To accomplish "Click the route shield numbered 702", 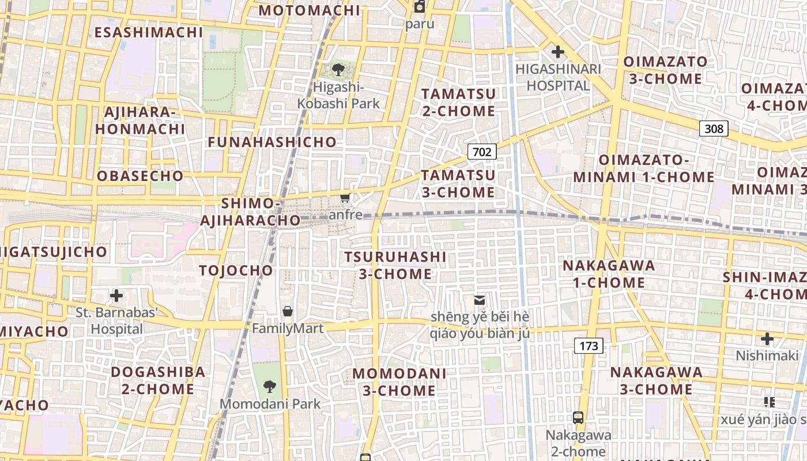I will (x=482, y=152).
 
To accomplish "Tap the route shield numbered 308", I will (x=714, y=129).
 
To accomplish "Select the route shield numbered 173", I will (x=589, y=346).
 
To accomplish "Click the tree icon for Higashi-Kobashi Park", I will (x=338, y=70).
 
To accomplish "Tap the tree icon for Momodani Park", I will (x=269, y=387).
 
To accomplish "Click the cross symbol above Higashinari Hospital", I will (x=557, y=52).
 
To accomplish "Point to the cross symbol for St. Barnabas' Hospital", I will (x=116, y=296).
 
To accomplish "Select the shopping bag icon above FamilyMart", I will (x=288, y=312).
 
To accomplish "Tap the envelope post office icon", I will (x=479, y=300).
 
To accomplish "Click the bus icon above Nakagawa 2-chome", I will (x=578, y=418).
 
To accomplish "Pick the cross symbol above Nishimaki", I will (x=767, y=339).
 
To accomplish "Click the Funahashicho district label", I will (x=272, y=142).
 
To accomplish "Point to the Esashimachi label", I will (x=149, y=32).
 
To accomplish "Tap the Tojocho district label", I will (x=236, y=270).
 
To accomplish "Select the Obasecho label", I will (x=141, y=176).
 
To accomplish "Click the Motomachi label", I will (x=309, y=10).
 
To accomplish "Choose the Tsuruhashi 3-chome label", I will (x=395, y=265).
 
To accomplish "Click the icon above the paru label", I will (x=420, y=7).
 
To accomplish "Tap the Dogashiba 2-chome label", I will (x=158, y=380).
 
